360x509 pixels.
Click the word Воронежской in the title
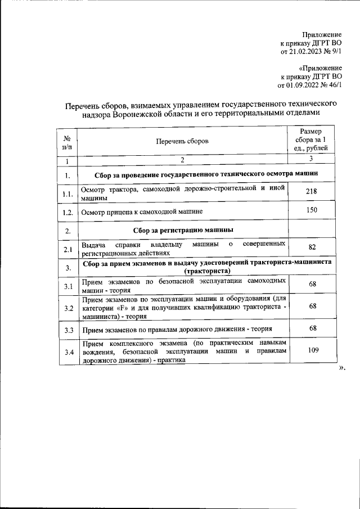(x=147, y=115)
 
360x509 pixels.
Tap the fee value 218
(x=311, y=192)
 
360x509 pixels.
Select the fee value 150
(x=311, y=211)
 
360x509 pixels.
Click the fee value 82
(x=311, y=247)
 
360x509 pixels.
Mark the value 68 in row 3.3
(x=311, y=328)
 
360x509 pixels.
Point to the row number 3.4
(x=67, y=353)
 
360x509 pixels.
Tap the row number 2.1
(x=67, y=249)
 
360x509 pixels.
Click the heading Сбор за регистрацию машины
(x=183, y=229)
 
